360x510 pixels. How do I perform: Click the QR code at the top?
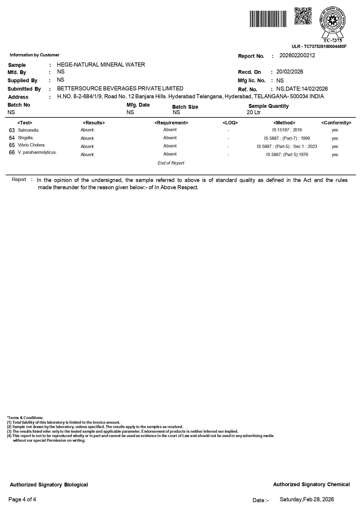click(x=303, y=16)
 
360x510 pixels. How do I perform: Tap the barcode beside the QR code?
click(x=268, y=19)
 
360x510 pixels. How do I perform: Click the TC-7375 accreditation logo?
click(x=333, y=24)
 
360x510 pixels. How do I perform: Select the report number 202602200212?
click(x=297, y=56)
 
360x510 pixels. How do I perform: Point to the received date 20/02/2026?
click(x=289, y=72)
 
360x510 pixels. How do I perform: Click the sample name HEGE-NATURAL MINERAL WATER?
click(x=101, y=65)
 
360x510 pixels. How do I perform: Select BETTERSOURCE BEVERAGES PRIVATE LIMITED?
click(x=120, y=88)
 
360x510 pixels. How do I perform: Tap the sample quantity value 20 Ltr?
click(x=253, y=112)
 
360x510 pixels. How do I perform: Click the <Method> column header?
click(x=284, y=123)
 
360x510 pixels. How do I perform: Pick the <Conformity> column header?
click(x=336, y=123)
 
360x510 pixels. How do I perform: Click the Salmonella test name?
click(x=28, y=130)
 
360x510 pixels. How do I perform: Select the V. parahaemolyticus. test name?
click(x=37, y=152)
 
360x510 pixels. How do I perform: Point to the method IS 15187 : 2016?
click(x=287, y=130)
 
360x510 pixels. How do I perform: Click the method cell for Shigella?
click(x=287, y=138)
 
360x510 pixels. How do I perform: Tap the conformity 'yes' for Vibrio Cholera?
click(x=335, y=146)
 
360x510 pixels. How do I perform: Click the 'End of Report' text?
click(x=171, y=163)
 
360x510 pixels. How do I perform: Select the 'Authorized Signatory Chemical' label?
click(x=311, y=484)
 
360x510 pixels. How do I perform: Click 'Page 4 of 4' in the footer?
click(x=22, y=500)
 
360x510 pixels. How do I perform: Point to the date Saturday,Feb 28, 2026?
click(x=307, y=500)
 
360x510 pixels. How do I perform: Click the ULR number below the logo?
click(x=319, y=46)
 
